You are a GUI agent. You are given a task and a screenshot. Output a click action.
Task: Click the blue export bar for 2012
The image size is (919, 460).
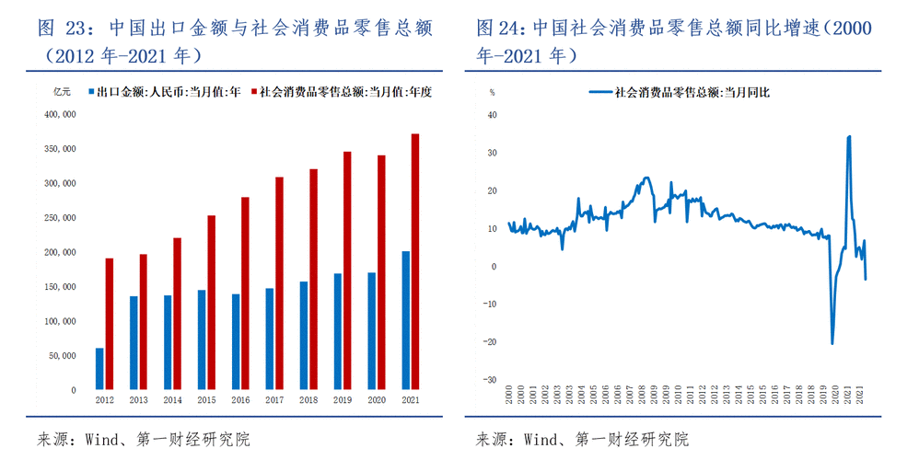[99, 368]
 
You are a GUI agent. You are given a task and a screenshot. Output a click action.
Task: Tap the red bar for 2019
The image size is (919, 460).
[346, 270]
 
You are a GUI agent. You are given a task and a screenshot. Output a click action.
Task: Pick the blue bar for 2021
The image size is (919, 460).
[406, 319]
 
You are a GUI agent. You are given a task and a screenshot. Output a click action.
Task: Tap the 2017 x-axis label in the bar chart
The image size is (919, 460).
[274, 400]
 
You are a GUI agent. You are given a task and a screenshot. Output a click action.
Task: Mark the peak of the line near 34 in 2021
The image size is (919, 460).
[848, 136]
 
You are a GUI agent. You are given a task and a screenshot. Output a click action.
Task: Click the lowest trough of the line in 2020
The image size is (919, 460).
[832, 343]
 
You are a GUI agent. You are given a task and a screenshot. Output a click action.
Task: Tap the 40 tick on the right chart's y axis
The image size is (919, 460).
[492, 115]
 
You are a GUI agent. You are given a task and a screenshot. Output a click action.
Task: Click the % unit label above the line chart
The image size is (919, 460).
[492, 92]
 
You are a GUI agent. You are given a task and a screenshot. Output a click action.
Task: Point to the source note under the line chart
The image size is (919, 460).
[581, 439]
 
